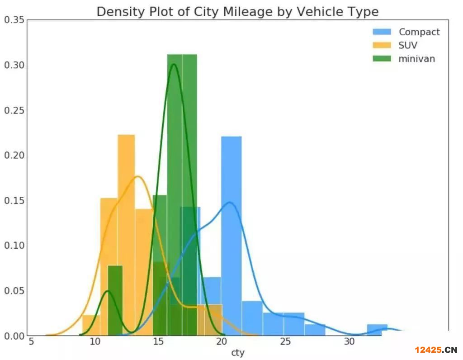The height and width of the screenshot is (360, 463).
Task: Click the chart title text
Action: click(x=237, y=11)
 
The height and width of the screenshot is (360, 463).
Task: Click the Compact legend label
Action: click(x=419, y=32)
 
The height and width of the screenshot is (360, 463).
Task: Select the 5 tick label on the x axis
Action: click(x=31, y=341)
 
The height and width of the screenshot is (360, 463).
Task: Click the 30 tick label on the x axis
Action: click(x=349, y=341)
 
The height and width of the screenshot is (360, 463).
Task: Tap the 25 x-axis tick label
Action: click(x=285, y=341)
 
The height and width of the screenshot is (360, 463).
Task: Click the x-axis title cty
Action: click(x=238, y=353)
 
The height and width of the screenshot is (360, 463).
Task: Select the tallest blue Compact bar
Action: click(x=231, y=235)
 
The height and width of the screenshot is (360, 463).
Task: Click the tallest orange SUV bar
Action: click(x=126, y=235)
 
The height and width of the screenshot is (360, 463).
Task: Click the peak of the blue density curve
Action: click(x=230, y=202)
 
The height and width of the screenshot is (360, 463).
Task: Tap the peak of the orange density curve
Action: click(x=138, y=176)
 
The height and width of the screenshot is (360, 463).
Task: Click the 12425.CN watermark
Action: click(x=436, y=350)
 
